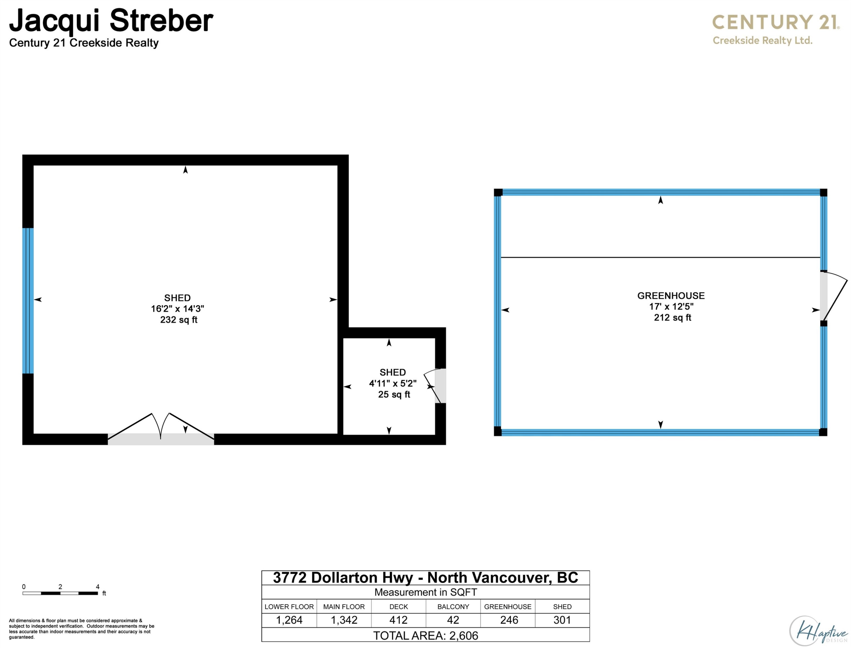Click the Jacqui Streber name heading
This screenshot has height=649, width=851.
pos(111,21)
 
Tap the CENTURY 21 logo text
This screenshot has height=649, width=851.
pos(775,22)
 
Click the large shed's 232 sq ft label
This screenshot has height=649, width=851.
pos(179,320)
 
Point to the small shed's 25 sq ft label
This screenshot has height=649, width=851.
pos(394,394)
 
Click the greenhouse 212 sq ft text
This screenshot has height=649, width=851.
pos(673,318)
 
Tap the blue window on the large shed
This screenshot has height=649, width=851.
pos(28,301)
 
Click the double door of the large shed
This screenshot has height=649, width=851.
pos(161,429)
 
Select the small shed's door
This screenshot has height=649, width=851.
pos(435,386)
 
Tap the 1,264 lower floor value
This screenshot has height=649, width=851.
pos(289,620)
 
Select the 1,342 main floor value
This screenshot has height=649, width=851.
pos(344,620)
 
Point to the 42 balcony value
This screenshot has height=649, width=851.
pos(453,620)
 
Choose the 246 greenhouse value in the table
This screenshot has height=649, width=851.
pos(509,620)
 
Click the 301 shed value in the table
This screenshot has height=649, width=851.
pos(562,620)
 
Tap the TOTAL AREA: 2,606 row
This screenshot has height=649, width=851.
pos(425,635)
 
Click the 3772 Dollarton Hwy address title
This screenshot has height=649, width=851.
pos(425,577)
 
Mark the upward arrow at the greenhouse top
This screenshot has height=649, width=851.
pos(661,200)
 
